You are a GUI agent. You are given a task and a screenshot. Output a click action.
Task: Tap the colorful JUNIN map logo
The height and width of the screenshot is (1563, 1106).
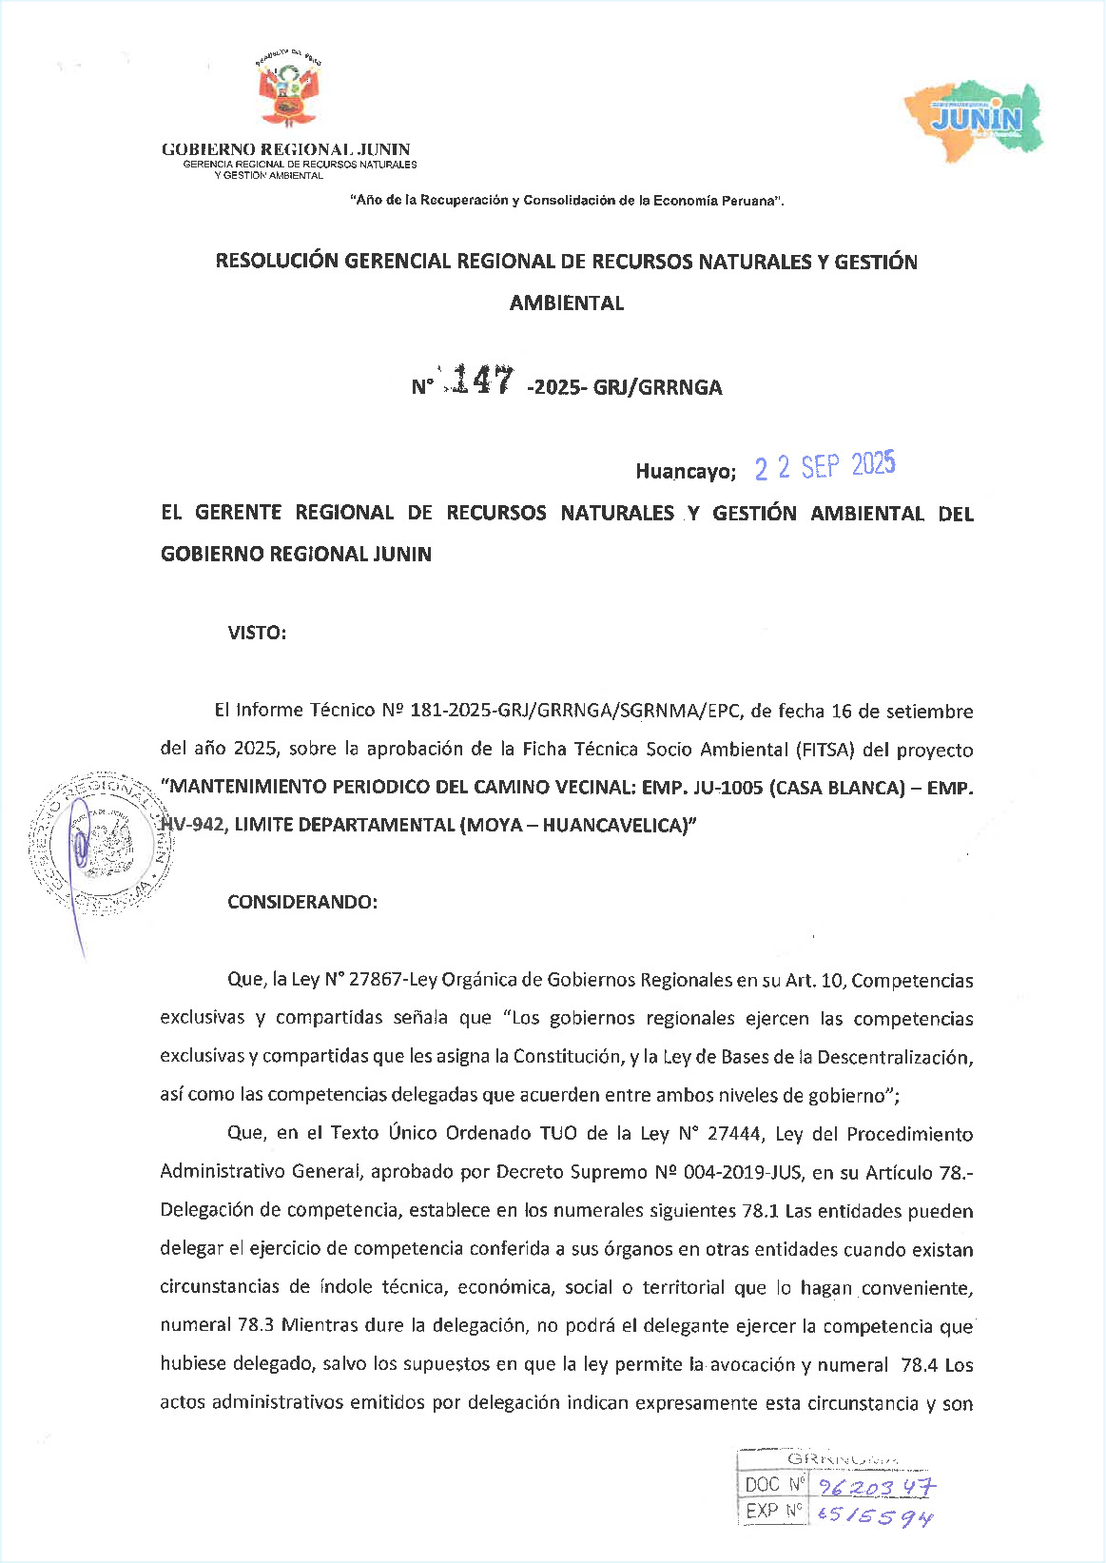974,119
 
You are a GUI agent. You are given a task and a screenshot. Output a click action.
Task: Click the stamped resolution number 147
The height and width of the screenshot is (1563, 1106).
482,381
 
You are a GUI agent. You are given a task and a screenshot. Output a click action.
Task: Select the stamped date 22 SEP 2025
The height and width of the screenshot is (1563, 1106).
825,466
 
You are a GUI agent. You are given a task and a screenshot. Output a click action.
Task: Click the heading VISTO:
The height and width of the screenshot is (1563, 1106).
257,633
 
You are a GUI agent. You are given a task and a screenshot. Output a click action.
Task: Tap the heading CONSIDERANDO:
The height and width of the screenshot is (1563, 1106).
302,902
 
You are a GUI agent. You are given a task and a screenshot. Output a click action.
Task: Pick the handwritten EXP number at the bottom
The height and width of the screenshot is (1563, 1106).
875,1514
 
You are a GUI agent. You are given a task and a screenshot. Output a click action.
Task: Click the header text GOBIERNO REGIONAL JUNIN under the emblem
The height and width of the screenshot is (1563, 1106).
286,149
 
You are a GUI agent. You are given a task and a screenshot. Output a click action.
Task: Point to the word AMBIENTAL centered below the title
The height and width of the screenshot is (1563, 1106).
567,303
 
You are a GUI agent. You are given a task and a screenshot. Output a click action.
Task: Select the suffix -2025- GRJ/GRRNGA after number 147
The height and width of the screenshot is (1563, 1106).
624,387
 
